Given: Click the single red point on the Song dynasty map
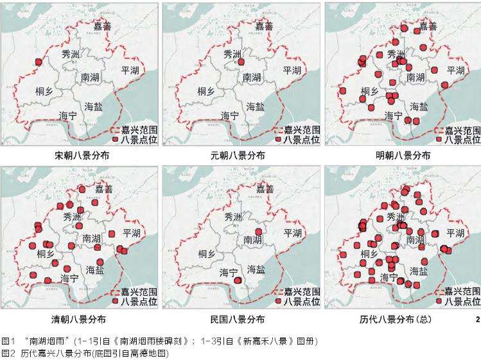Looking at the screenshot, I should pyautogui.click(x=38, y=62).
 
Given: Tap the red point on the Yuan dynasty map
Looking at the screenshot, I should pyautogui.click(x=241, y=62).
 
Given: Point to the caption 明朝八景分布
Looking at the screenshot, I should pyautogui.click(x=403, y=156).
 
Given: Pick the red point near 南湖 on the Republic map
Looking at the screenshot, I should pyautogui.click(x=258, y=231).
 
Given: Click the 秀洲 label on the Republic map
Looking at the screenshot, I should pyautogui.click(x=235, y=217).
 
